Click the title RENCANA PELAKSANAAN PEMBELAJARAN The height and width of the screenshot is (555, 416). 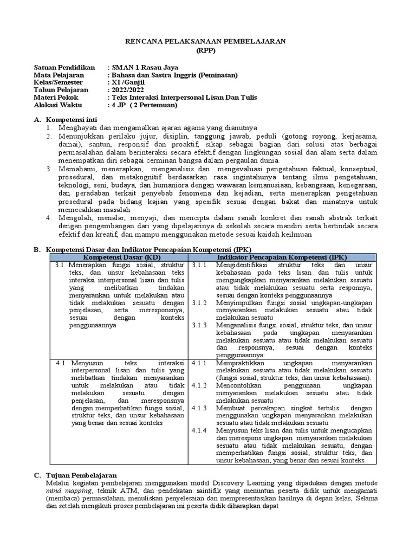tap(208, 41)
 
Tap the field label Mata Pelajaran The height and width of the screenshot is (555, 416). tap(58, 75)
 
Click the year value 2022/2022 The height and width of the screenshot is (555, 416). tap(129, 90)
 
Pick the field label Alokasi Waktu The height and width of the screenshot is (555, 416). tap(56, 105)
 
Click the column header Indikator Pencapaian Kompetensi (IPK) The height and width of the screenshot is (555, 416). tap(282, 256)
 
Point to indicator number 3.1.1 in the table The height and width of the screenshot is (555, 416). tap(200, 264)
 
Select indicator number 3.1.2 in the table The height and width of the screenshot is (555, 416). tap(200, 303)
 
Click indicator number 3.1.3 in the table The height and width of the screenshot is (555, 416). tap(200, 325)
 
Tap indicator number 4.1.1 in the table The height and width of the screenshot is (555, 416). tap(200, 362)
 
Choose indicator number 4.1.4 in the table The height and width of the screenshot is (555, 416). tap(200, 430)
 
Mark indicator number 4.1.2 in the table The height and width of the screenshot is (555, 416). tap(200, 385)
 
